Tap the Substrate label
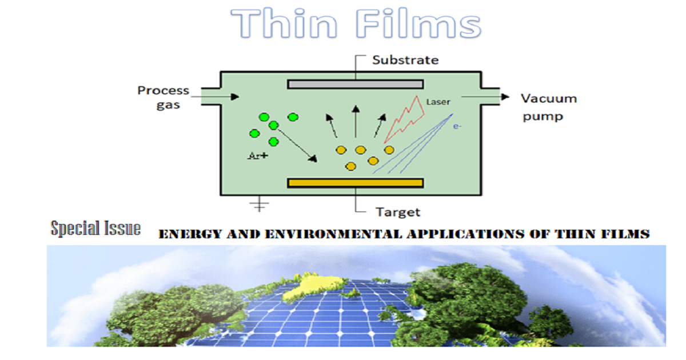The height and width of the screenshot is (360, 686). [x=405, y=60]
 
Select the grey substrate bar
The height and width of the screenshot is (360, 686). [x=355, y=84]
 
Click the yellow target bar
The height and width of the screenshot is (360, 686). [x=355, y=183]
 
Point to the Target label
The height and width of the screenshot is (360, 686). [x=398, y=212]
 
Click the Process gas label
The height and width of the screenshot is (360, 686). [x=163, y=98]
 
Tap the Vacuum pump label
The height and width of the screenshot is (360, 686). [x=548, y=107]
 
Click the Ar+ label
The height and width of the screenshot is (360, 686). [x=258, y=155]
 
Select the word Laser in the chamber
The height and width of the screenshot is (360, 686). [x=438, y=102]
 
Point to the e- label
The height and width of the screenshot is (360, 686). [x=457, y=126]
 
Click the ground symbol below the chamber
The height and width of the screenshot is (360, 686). [x=260, y=205]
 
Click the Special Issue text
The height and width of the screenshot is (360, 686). [x=95, y=229]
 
